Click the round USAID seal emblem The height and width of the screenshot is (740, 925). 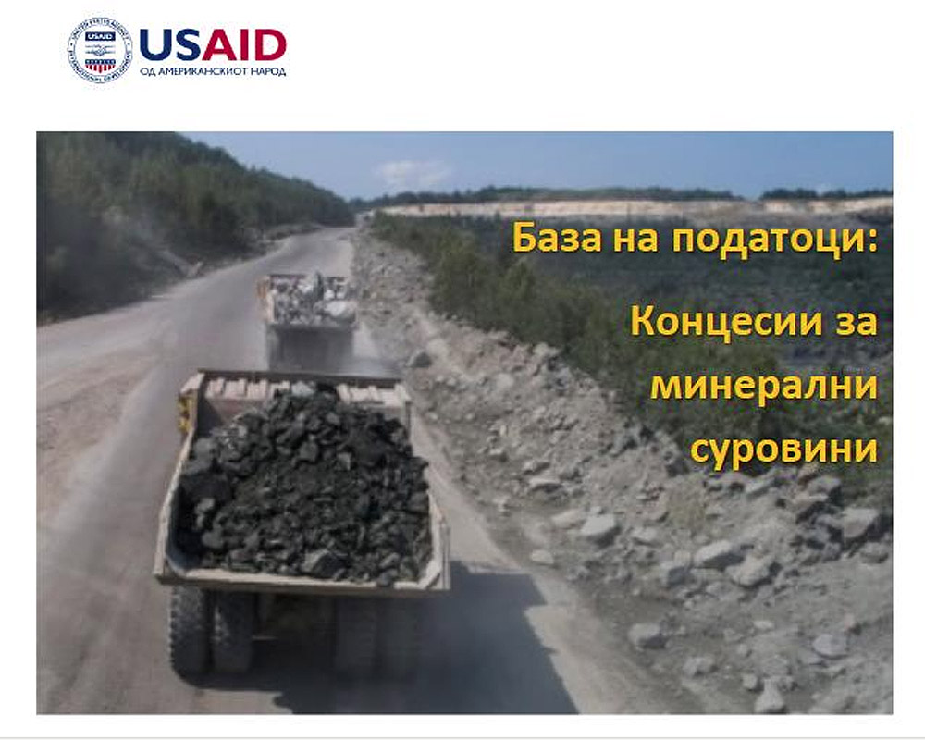tap(99, 50)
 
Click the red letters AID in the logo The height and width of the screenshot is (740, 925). tap(244, 44)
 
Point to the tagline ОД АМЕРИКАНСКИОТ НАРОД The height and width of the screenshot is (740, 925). tap(213, 71)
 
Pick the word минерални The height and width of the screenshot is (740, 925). tap(764, 387)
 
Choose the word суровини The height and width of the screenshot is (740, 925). tap(784, 450)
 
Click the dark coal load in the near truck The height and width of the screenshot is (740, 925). tap(303, 484)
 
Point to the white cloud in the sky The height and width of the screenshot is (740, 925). tap(413, 174)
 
